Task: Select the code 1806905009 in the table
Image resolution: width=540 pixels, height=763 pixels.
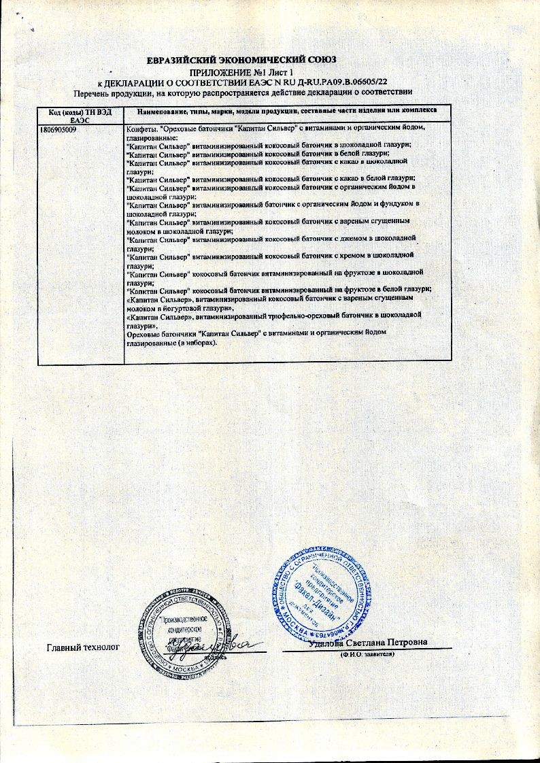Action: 60,128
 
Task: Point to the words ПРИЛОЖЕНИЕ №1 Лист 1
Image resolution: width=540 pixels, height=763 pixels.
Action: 241,71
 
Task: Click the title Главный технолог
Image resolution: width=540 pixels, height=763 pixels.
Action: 83,647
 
